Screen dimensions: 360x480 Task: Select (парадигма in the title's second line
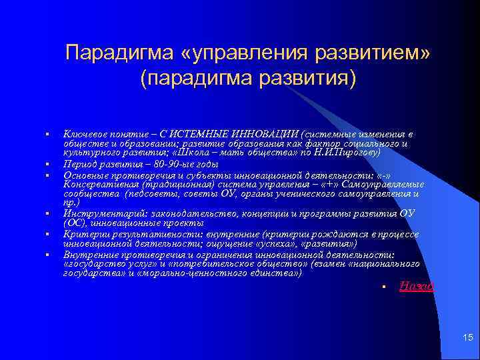click(191, 79)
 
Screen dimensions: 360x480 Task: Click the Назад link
click(416, 286)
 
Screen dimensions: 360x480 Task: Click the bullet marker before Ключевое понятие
click(49, 135)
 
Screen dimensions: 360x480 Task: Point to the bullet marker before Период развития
click(49, 163)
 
